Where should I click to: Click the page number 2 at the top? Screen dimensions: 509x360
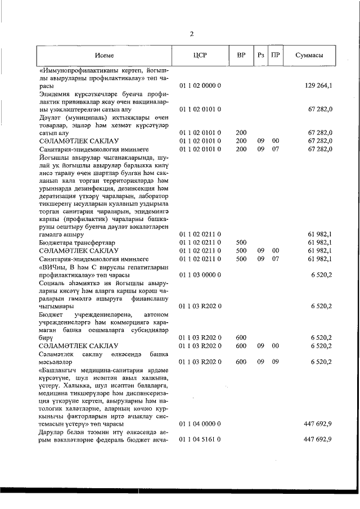(191, 34)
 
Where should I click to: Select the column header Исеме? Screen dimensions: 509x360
(105, 56)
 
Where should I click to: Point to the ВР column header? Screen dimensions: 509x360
(241, 56)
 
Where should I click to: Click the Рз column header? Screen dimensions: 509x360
(260, 56)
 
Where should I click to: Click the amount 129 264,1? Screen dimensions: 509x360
(318, 85)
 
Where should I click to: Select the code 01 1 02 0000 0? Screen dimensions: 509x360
(200, 85)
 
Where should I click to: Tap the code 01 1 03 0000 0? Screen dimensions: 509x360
(200, 275)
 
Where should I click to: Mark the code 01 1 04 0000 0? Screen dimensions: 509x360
(200, 422)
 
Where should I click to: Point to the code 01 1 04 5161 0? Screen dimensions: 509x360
(200, 439)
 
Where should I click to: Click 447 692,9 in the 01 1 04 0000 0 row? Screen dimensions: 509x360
(318, 422)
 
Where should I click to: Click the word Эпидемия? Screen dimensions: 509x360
(55, 93)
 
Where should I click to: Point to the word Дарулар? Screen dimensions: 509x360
(52, 431)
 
